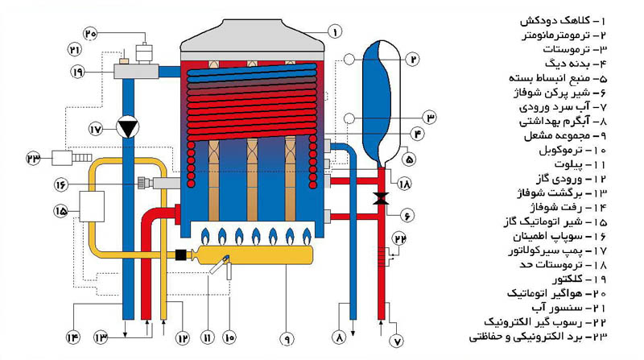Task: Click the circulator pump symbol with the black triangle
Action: point(127,127)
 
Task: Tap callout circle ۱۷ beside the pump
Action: point(96,128)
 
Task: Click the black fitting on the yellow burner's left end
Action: point(180,255)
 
